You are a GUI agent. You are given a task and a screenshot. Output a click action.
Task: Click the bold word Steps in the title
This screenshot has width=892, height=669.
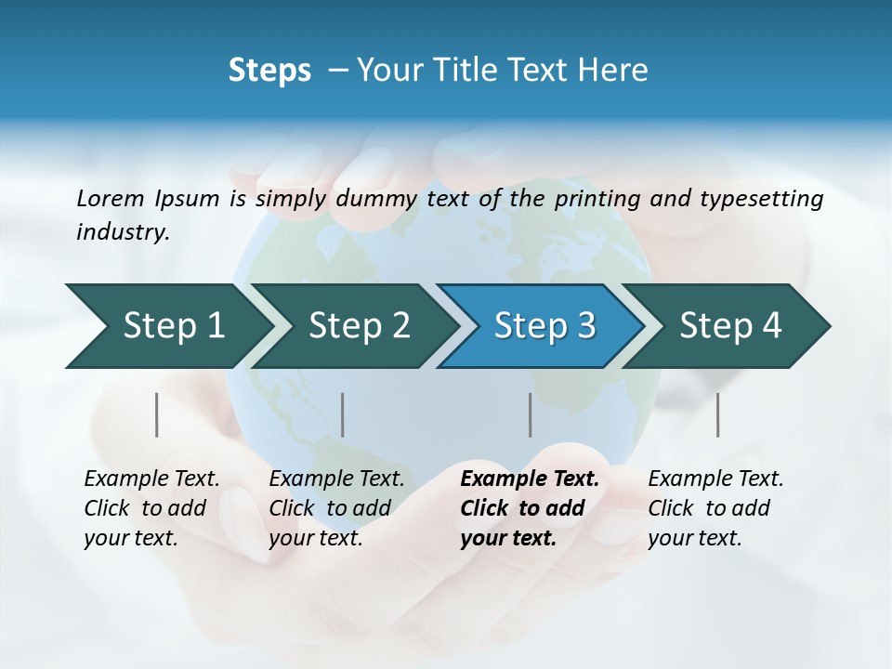(269, 71)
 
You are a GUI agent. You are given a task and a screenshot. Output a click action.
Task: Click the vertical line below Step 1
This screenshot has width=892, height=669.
(157, 414)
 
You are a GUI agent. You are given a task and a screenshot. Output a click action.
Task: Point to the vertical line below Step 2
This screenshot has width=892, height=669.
(343, 414)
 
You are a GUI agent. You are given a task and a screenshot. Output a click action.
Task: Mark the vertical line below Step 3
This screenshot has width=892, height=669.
(531, 414)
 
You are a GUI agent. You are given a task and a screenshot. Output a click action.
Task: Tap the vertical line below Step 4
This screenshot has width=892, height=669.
(718, 414)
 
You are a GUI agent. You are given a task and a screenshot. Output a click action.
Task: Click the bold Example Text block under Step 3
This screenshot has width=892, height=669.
(529, 508)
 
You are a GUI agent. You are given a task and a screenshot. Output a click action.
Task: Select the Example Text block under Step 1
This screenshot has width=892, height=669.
(151, 508)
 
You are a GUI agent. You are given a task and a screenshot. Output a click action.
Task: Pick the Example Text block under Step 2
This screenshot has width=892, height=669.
(336, 508)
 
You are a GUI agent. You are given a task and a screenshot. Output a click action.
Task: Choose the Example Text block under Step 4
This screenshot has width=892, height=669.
(715, 508)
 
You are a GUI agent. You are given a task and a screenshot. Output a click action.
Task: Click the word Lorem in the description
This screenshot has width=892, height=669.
(111, 199)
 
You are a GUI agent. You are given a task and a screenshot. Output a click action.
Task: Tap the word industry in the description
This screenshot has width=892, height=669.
(122, 232)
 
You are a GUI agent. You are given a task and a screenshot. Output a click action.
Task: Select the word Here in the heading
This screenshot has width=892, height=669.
(616, 71)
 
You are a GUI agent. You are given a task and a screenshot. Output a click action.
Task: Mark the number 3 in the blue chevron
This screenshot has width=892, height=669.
(585, 326)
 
